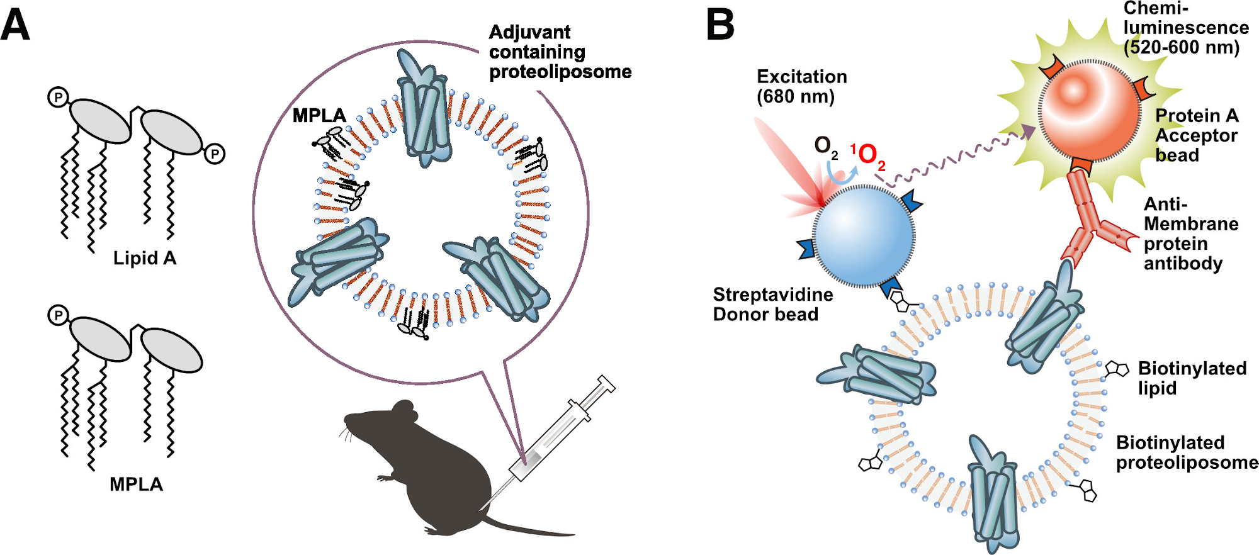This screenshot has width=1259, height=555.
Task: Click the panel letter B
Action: pos(720,25)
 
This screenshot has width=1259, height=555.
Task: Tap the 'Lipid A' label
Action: pos(145,258)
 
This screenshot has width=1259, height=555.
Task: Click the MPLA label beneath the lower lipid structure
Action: pos(136,484)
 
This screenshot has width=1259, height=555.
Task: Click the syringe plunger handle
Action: pos(606,383)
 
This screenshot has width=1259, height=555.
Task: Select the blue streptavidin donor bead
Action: pos(864,237)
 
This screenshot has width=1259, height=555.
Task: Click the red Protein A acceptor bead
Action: pos(1089,111)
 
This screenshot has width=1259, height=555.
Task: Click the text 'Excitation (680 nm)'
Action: pos(801,86)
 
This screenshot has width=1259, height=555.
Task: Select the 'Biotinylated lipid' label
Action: pos(1192,378)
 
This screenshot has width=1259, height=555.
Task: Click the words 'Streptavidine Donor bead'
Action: pos(772,304)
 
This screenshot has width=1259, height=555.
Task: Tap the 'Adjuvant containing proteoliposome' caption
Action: pos(560,52)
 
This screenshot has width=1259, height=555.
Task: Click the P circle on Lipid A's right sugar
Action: pos(215,154)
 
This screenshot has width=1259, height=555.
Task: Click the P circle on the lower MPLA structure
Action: pos(58,315)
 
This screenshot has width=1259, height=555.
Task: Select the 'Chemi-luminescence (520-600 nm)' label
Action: pos(1185,28)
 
